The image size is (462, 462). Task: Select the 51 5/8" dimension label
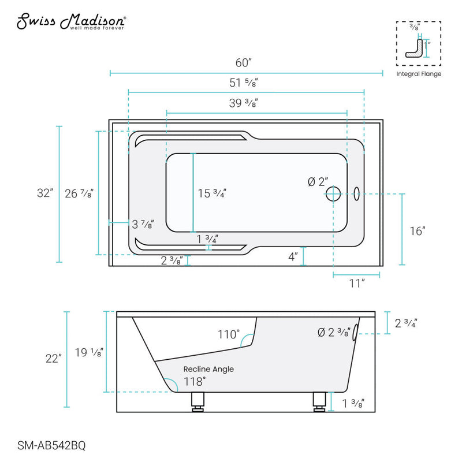click(x=245, y=83)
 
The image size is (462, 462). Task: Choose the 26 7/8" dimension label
click(x=80, y=193)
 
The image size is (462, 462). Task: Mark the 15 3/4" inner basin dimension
click(x=211, y=193)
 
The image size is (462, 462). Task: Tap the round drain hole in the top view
click(x=333, y=193)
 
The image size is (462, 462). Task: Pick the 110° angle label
click(x=228, y=334)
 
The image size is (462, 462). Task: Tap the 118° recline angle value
click(x=195, y=381)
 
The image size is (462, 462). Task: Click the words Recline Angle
click(x=208, y=369)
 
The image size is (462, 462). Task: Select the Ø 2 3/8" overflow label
click(x=334, y=332)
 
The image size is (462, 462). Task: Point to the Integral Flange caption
click(x=419, y=74)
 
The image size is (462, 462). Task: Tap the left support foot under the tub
click(x=198, y=401)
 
